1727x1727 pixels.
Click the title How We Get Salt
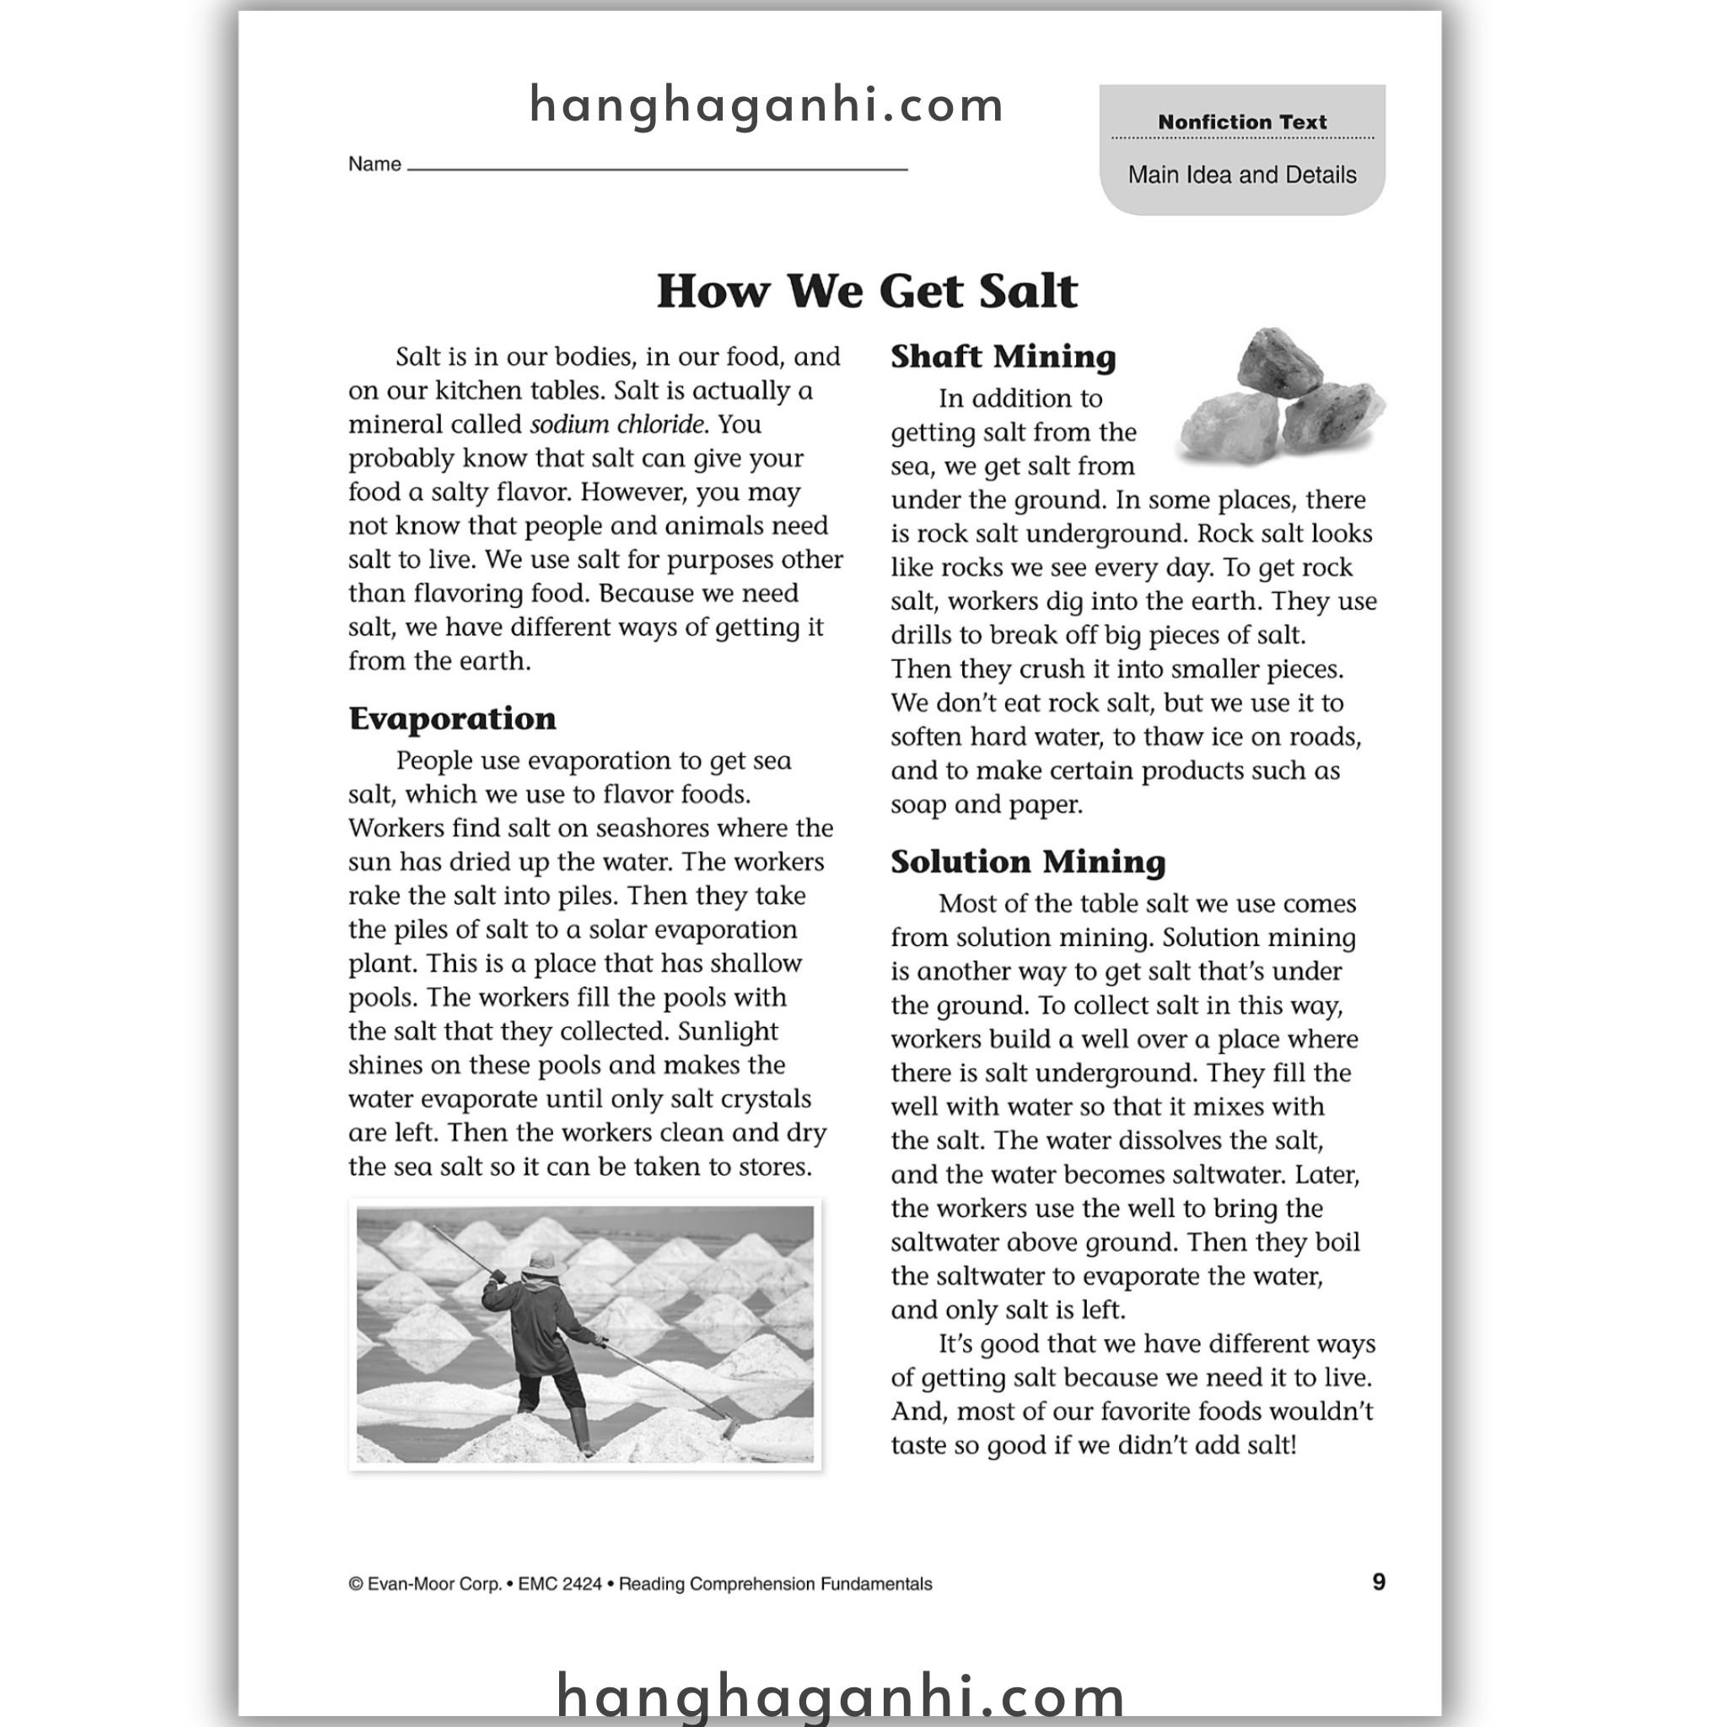pyautogui.click(x=866, y=292)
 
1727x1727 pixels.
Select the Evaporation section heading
pyautogui.click(x=452, y=718)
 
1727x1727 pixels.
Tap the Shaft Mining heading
pyautogui.click(x=1003, y=357)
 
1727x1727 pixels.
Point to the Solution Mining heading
pyautogui.click(x=1028, y=862)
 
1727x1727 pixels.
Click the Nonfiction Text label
pyautogui.click(x=1241, y=121)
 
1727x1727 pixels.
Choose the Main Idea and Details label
pyautogui.click(x=1241, y=175)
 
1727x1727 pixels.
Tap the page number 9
pyautogui.click(x=1379, y=1582)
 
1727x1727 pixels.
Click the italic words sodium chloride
pyautogui.click(x=616, y=425)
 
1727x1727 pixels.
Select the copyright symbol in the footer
pyautogui.click(x=356, y=1584)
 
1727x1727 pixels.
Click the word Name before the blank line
pyautogui.click(x=374, y=164)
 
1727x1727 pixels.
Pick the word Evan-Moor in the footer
pyautogui.click(x=434, y=1584)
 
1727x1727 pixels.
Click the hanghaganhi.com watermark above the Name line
pyautogui.click(x=766, y=105)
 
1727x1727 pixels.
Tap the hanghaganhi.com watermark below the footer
pyautogui.click(x=840, y=1695)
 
